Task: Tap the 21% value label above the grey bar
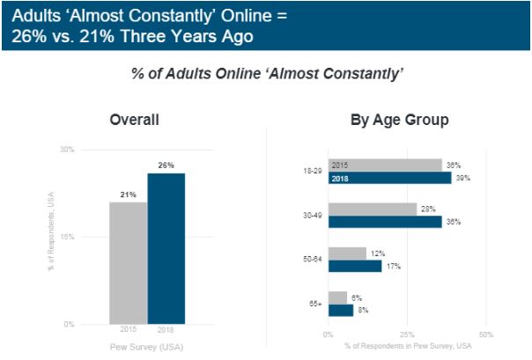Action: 128,195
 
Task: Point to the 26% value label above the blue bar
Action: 166,165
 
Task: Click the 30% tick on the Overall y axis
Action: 67,150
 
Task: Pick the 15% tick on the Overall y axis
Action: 67,237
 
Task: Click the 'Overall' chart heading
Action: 134,120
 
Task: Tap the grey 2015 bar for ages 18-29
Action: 385,165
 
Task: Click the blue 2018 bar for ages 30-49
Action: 385,222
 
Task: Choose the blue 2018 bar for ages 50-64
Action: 355,266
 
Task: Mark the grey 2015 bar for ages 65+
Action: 338,298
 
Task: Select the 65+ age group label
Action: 314,304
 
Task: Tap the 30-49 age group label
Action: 312,216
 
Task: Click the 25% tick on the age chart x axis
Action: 408,334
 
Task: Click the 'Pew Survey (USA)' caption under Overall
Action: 146,348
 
